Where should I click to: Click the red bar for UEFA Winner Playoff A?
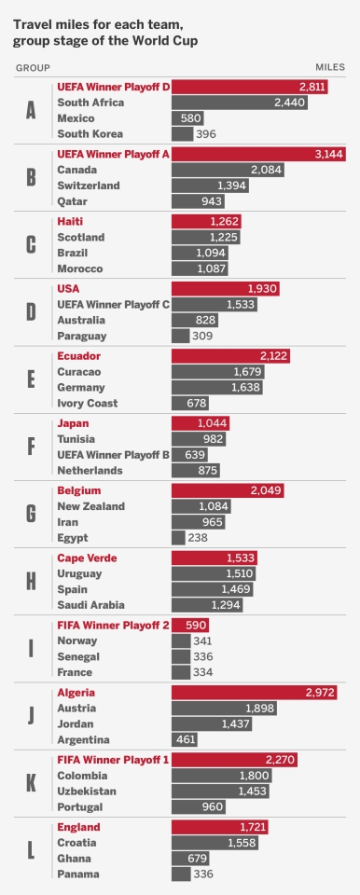pyautogui.click(x=257, y=155)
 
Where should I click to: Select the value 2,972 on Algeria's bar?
pyautogui.click(x=327, y=693)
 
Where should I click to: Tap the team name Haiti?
pyautogui.click(x=72, y=222)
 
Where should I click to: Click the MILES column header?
pyautogui.click(x=330, y=68)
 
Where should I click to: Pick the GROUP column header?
pyautogui.click(x=33, y=68)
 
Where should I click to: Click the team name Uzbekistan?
pyautogui.click(x=90, y=791)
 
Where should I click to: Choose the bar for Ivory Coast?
pyautogui.click(x=189, y=403)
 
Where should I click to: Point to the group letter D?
pyautogui.click(x=31, y=312)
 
